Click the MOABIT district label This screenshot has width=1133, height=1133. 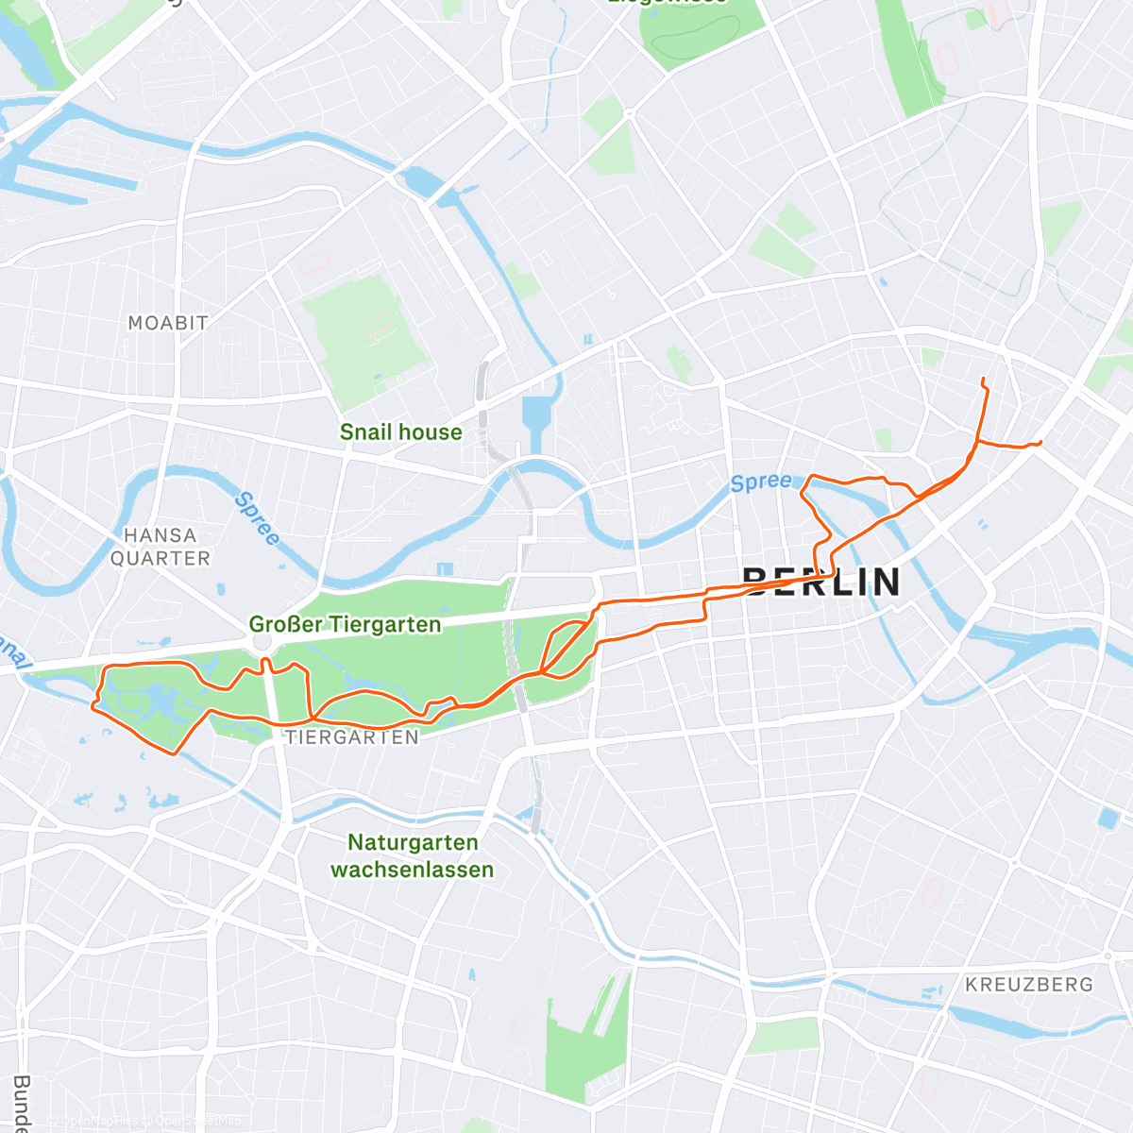click(168, 323)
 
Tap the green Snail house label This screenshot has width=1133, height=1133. click(400, 432)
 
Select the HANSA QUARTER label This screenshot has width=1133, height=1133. click(160, 547)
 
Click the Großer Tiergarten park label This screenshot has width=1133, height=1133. click(345, 625)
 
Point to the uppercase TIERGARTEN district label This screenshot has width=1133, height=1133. click(352, 737)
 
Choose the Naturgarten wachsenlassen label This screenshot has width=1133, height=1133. click(413, 855)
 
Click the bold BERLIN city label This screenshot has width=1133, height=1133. click(821, 582)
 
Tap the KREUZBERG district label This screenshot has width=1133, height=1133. click(1028, 985)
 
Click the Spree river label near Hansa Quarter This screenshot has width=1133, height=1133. click(257, 518)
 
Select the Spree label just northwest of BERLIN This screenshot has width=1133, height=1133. click(761, 482)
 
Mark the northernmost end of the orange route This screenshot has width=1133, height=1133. click(983, 379)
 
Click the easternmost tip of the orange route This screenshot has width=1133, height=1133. click(1040, 442)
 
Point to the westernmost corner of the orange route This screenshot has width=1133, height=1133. click(93, 704)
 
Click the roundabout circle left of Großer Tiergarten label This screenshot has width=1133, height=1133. click(262, 642)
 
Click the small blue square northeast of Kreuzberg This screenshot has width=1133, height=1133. click(1108, 818)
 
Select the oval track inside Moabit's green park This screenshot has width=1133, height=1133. click(379, 328)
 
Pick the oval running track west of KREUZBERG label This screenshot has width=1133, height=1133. click(932, 893)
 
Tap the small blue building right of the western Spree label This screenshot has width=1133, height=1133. click(445, 569)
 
